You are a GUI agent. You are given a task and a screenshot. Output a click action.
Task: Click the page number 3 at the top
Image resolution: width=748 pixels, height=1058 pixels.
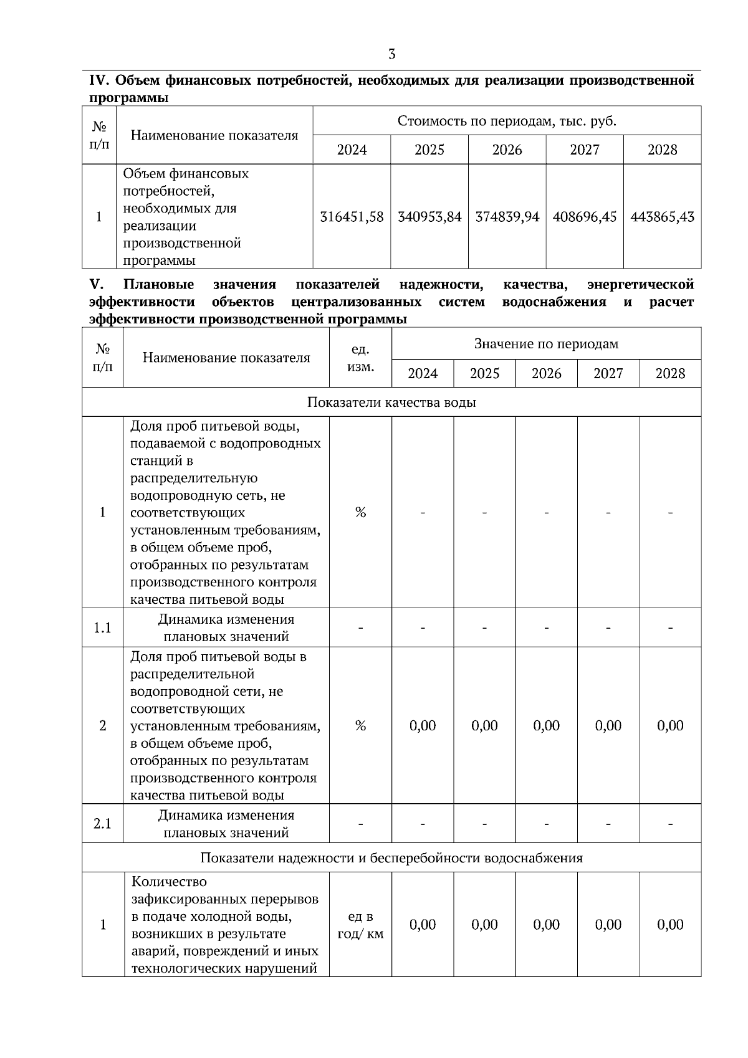(x=391, y=54)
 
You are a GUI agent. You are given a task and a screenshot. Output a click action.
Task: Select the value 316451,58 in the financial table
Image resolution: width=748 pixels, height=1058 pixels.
(x=352, y=217)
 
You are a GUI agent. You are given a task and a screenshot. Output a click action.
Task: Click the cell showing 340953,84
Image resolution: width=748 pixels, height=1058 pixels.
(x=429, y=217)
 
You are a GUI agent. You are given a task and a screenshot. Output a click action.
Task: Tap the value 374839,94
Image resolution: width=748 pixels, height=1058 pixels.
(x=507, y=217)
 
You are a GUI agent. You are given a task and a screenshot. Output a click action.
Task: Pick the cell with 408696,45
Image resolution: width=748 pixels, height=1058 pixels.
(x=585, y=217)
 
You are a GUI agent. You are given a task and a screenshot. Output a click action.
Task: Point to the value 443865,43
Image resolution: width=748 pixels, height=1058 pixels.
(x=662, y=217)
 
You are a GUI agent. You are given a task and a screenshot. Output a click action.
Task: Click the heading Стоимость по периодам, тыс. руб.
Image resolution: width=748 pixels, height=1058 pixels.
(x=507, y=121)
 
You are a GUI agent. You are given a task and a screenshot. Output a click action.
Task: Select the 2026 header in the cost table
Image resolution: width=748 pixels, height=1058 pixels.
(x=507, y=150)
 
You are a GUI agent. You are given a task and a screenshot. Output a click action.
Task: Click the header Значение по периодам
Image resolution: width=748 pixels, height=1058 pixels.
(x=546, y=344)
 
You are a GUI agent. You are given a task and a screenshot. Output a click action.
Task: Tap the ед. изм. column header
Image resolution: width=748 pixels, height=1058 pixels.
(x=360, y=358)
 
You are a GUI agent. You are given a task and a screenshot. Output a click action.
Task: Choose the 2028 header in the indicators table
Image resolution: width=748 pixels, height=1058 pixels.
(x=670, y=374)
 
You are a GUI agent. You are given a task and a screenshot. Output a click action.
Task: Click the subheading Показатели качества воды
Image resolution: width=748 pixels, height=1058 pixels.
(x=391, y=403)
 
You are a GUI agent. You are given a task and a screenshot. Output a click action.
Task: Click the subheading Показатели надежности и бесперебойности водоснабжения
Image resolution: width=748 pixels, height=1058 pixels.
(x=391, y=858)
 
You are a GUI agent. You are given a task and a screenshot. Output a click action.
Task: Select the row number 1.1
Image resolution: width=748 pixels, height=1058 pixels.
(x=102, y=627)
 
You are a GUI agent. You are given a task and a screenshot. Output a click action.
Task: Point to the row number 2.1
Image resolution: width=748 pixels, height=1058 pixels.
(x=102, y=824)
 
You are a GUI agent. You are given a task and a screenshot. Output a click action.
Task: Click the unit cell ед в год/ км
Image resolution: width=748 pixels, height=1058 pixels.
(x=360, y=925)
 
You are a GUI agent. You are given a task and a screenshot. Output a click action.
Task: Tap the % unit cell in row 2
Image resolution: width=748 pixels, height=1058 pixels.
(x=360, y=726)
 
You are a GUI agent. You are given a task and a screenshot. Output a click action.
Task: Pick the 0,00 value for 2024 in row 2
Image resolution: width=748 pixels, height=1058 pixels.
(x=423, y=726)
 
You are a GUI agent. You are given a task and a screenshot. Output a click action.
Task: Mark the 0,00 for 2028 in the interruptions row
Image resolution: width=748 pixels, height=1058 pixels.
(x=670, y=925)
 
